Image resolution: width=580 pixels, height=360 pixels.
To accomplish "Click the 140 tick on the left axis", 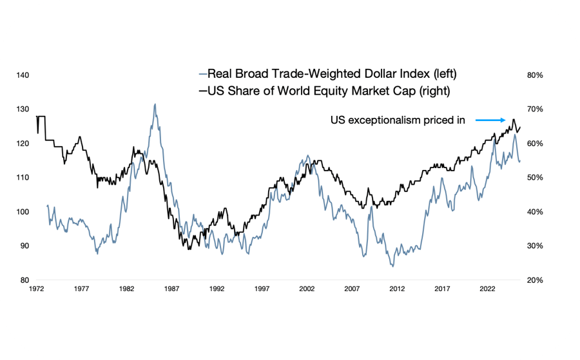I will pyautogui.click(x=23, y=75).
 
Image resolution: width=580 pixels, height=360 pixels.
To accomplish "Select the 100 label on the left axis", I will pyautogui.click(x=23, y=212).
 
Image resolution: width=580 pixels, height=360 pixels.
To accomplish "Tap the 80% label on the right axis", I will pyautogui.click(x=536, y=75).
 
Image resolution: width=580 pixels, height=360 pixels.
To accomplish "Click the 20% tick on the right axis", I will pyautogui.click(x=536, y=280).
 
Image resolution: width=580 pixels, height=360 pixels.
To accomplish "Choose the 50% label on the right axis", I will pyautogui.click(x=536, y=178).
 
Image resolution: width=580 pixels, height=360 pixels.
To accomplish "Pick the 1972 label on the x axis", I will pyautogui.click(x=36, y=289).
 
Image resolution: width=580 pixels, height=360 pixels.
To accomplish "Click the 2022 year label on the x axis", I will pyautogui.click(x=487, y=289).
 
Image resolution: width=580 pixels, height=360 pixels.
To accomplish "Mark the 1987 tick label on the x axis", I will pyautogui.click(x=171, y=289).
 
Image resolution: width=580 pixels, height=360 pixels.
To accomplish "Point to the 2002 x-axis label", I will pyautogui.click(x=307, y=289).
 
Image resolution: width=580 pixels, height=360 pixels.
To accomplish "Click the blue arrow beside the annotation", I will pyautogui.click(x=490, y=120).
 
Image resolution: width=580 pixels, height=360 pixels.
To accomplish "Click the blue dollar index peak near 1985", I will pyautogui.click(x=155, y=104).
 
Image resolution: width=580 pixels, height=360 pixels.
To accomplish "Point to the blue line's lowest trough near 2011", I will pyautogui.click(x=392, y=266).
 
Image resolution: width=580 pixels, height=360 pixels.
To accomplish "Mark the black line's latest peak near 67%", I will pyautogui.click(x=514, y=120).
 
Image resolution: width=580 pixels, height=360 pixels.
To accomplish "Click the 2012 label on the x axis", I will pyautogui.click(x=397, y=289).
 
